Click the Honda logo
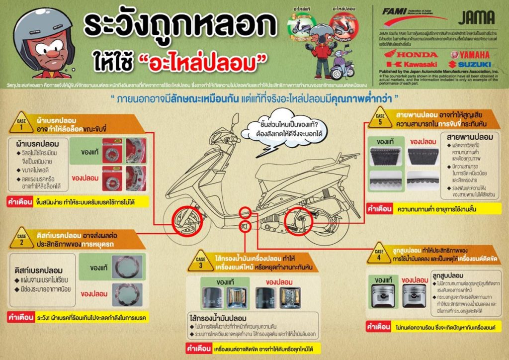(409, 54)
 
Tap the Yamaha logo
(470, 54)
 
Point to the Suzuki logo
(470, 64)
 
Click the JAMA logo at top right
(476, 17)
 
